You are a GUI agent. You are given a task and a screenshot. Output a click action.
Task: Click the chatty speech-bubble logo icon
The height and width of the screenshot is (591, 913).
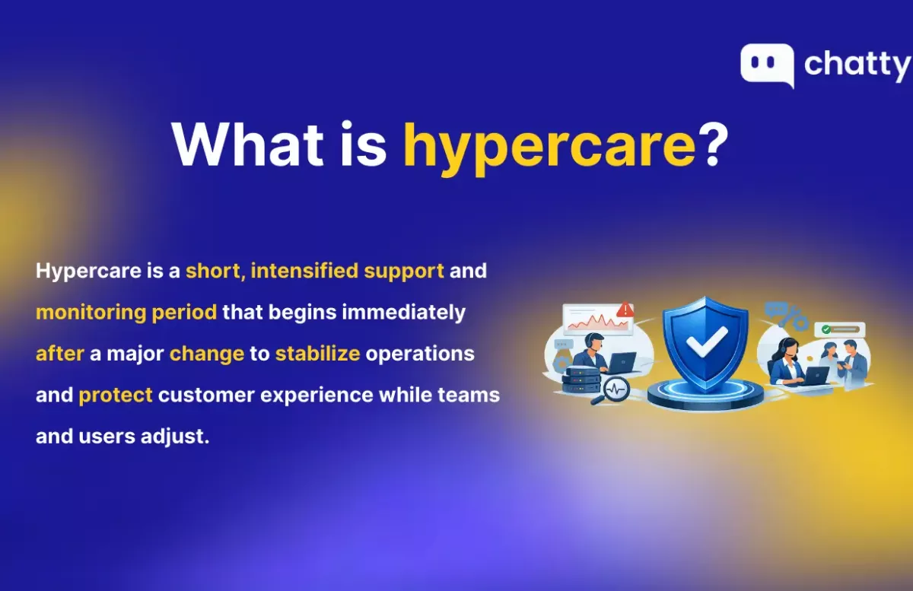click(767, 65)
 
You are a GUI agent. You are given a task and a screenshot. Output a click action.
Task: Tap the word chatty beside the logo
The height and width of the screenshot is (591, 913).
click(857, 65)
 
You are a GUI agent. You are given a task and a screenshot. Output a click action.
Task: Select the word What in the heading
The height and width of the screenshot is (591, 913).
click(248, 145)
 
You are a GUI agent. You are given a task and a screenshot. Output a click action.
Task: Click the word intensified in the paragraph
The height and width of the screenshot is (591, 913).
click(304, 271)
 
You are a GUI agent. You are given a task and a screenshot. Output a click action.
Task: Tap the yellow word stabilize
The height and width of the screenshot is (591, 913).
click(317, 354)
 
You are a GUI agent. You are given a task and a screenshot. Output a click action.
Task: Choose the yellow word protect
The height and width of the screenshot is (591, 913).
click(116, 395)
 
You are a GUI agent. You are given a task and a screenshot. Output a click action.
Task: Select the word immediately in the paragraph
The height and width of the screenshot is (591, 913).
click(403, 312)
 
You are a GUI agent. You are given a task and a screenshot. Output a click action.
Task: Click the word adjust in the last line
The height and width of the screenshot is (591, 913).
click(175, 437)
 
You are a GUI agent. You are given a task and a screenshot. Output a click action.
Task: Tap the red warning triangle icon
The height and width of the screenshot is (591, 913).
click(625, 310)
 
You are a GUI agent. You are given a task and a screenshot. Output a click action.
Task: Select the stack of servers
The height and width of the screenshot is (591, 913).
click(581, 380)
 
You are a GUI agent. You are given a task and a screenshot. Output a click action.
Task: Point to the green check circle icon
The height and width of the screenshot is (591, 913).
click(826, 329)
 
